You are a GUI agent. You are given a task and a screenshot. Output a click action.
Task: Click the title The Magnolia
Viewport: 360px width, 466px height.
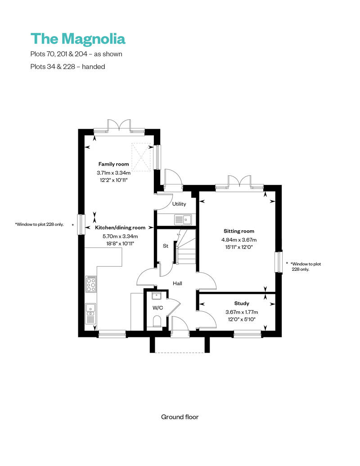[x=78, y=39]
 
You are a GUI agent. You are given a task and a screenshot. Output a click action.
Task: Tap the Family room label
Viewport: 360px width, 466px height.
[x=113, y=164]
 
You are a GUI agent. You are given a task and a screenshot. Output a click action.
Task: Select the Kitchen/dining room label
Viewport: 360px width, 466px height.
[x=120, y=228]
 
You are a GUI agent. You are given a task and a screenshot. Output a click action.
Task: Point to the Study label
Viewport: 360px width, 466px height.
[x=241, y=303]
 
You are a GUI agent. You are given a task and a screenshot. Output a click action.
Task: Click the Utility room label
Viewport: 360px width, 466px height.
[x=179, y=204]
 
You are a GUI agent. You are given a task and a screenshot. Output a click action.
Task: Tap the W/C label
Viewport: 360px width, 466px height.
[x=157, y=308]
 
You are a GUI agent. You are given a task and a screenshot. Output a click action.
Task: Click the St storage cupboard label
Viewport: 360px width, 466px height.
[x=165, y=246]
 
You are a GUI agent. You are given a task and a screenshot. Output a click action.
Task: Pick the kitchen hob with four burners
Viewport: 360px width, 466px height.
[x=91, y=284]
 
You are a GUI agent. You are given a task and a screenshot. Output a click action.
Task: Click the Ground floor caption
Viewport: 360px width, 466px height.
[x=180, y=417]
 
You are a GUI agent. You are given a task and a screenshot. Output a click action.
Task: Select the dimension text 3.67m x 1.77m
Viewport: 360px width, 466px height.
[x=241, y=312]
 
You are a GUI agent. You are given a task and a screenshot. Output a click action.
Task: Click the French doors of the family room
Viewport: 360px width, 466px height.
[x=119, y=126]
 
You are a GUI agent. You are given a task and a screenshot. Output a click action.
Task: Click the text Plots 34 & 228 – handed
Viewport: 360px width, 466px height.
[x=67, y=66]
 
